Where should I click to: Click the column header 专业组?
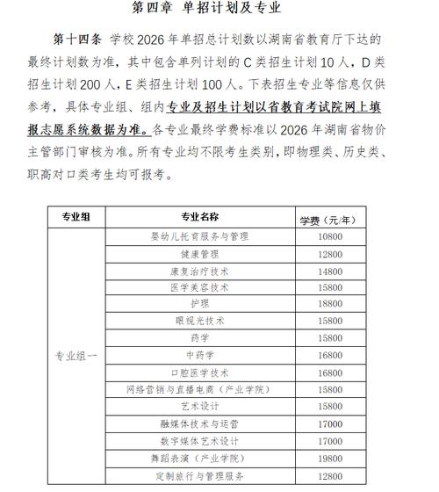(73, 217)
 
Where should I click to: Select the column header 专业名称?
(199, 217)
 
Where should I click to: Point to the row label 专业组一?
(73, 356)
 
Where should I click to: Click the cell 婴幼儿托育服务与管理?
(199, 236)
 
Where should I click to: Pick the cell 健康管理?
(199, 254)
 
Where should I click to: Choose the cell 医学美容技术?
(199, 287)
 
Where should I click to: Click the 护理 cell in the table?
(199, 304)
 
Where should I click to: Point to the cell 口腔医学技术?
(199, 373)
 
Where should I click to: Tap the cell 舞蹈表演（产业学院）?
(199, 459)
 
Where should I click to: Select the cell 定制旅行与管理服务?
(199, 476)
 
